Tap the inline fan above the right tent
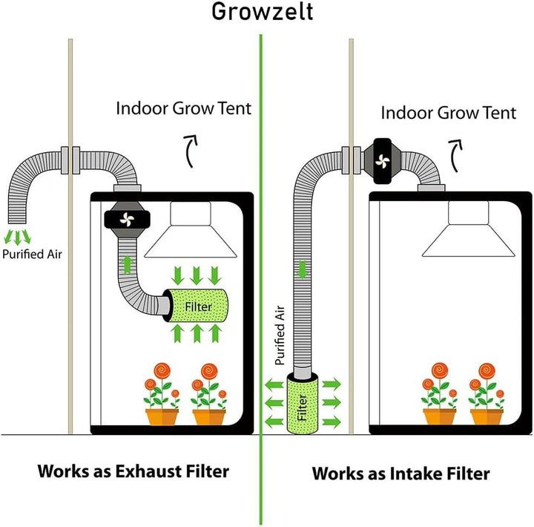383,160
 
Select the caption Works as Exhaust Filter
133,471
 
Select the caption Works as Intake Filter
400,473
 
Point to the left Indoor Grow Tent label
184,108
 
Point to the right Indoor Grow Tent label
449,113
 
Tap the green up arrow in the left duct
126,262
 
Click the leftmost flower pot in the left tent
162,416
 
